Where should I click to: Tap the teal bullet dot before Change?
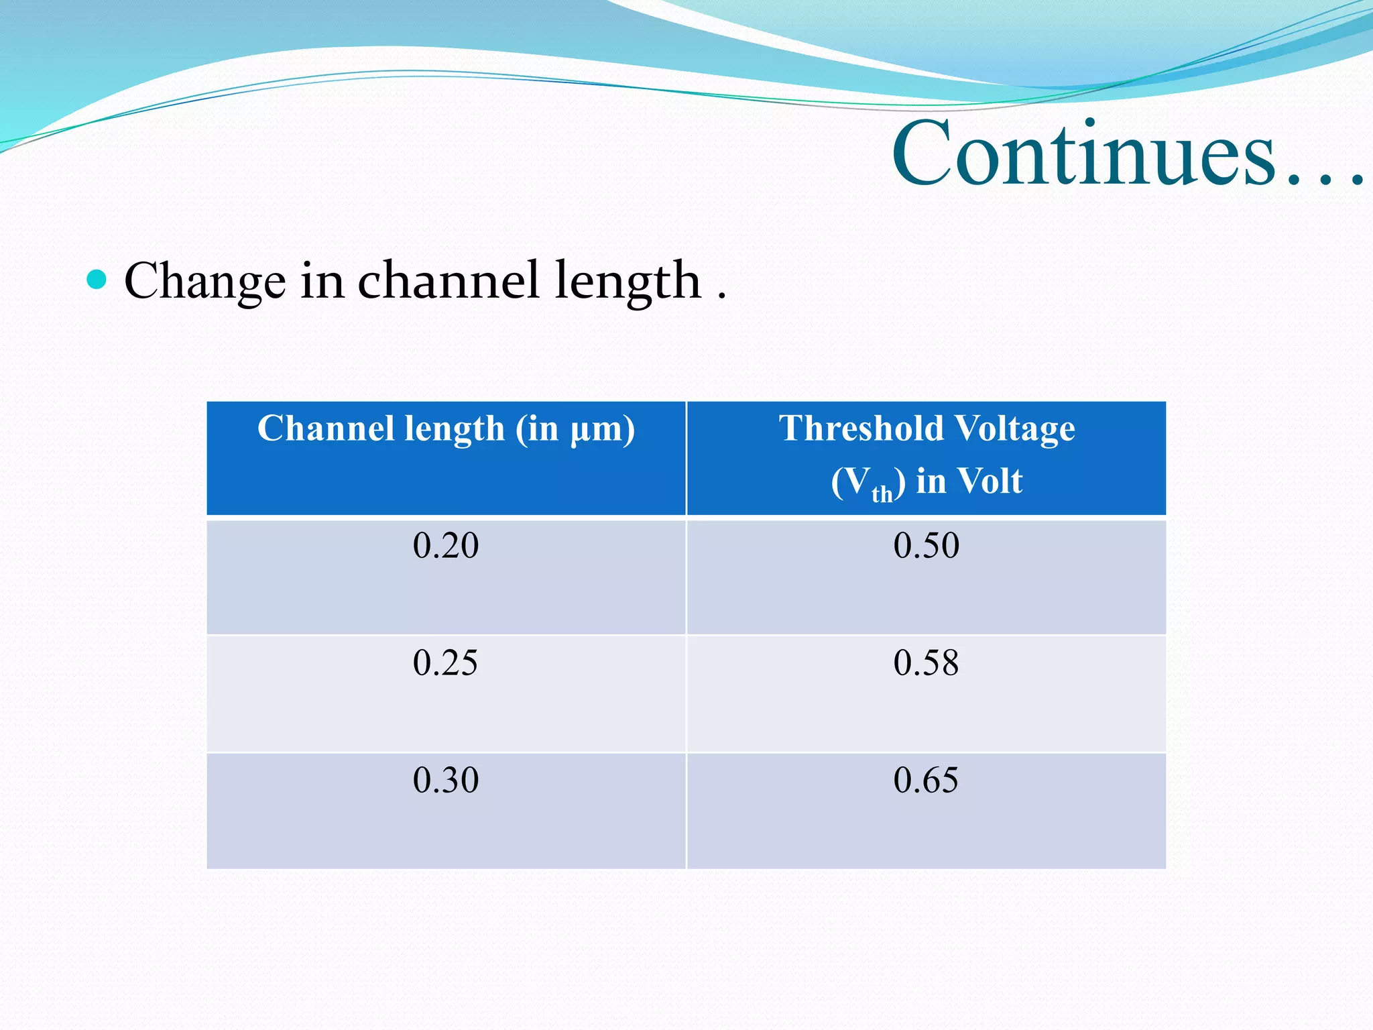(x=97, y=279)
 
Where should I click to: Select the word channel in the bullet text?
(x=448, y=280)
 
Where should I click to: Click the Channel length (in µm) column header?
(x=446, y=428)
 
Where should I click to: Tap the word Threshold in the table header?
(x=862, y=428)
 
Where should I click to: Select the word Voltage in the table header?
(x=1014, y=430)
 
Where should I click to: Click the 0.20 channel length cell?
(x=446, y=545)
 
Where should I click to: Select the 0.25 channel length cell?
(x=446, y=663)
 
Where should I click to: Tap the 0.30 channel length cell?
(x=446, y=780)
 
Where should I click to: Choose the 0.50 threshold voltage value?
(x=926, y=545)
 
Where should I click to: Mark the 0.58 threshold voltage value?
(x=926, y=663)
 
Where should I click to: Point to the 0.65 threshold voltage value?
(x=926, y=780)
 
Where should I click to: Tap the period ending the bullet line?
(x=721, y=296)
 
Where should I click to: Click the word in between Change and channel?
(x=322, y=280)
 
